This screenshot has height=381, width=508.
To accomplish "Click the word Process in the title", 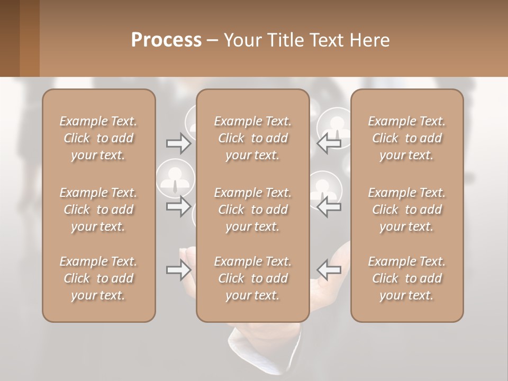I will pyautogui.click(x=166, y=40).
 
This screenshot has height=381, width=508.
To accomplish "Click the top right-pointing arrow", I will pyautogui.click(x=178, y=143).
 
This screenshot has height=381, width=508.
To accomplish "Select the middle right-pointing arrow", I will pyautogui.click(x=178, y=206).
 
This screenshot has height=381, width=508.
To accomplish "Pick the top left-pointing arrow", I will pyautogui.click(x=329, y=143).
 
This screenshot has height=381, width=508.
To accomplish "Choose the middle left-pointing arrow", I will pyautogui.click(x=329, y=206).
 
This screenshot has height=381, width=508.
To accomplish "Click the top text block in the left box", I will pyautogui.click(x=98, y=138).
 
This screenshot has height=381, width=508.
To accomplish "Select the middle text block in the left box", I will pyautogui.click(x=98, y=210).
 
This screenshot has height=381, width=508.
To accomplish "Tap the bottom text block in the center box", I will pyautogui.click(x=253, y=278).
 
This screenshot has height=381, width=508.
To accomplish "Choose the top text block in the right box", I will pyautogui.click(x=407, y=138).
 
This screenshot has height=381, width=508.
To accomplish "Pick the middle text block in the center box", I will pyautogui.click(x=253, y=210).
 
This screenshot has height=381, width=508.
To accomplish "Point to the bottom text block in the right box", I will pyautogui.click(x=407, y=278).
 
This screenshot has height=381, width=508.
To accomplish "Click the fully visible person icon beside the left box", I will pyautogui.click(x=175, y=177).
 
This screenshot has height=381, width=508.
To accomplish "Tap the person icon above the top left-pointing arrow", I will pyautogui.click(x=335, y=125).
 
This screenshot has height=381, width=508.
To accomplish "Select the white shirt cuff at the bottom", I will pyautogui.click(x=254, y=360).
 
